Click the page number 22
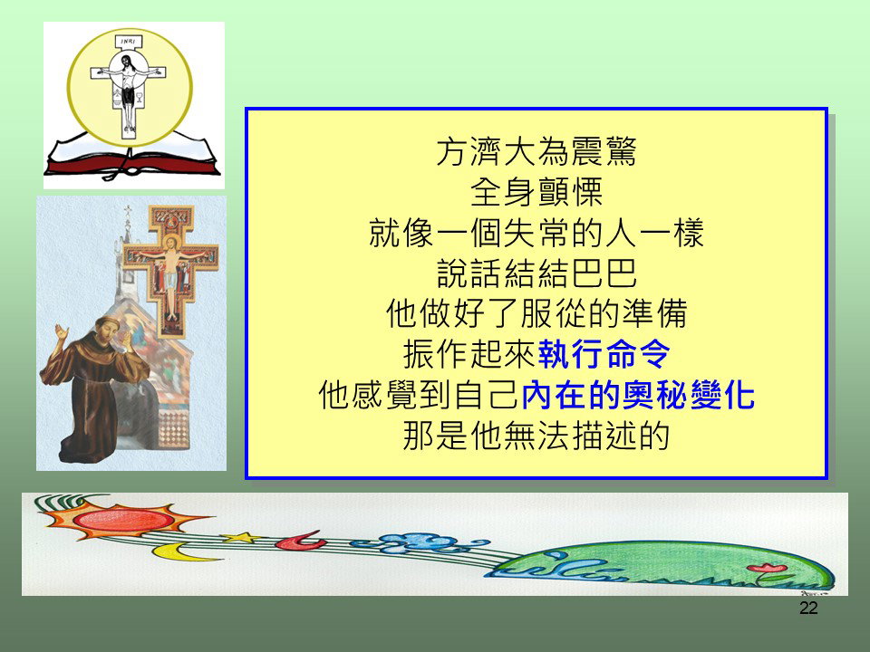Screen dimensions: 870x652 coord(808,609)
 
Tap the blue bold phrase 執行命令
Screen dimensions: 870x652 coord(604,354)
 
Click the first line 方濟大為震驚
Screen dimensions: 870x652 coord(536,151)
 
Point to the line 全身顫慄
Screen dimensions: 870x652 coord(536,192)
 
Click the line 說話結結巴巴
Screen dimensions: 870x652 coord(536,273)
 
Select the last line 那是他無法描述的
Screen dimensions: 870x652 coord(536,436)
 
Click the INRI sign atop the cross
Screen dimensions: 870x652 coord(128,42)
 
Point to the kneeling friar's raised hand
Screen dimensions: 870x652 coord(61,332)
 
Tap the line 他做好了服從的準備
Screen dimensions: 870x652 coord(536,314)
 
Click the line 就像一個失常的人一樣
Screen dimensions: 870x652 coord(536,233)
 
